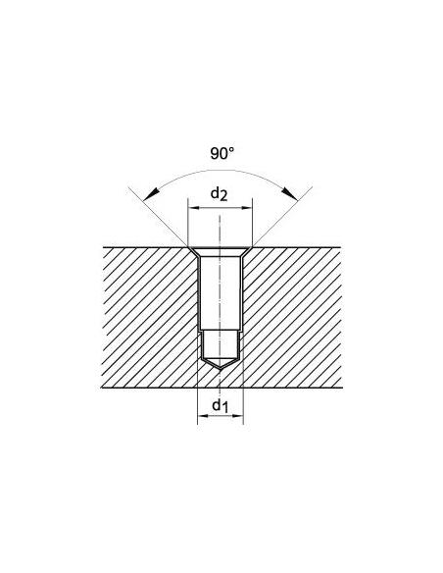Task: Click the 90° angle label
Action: [x=221, y=153]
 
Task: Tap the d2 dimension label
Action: [x=220, y=193]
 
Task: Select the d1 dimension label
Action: [x=221, y=405]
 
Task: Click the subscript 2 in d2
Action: [x=223, y=197]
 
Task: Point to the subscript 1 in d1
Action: [x=225, y=408]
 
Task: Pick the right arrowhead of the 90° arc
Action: [x=289, y=194]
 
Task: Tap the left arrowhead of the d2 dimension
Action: [x=194, y=208]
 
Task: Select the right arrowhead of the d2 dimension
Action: [x=246, y=208]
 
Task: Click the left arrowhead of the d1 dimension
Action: [x=203, y=415]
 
